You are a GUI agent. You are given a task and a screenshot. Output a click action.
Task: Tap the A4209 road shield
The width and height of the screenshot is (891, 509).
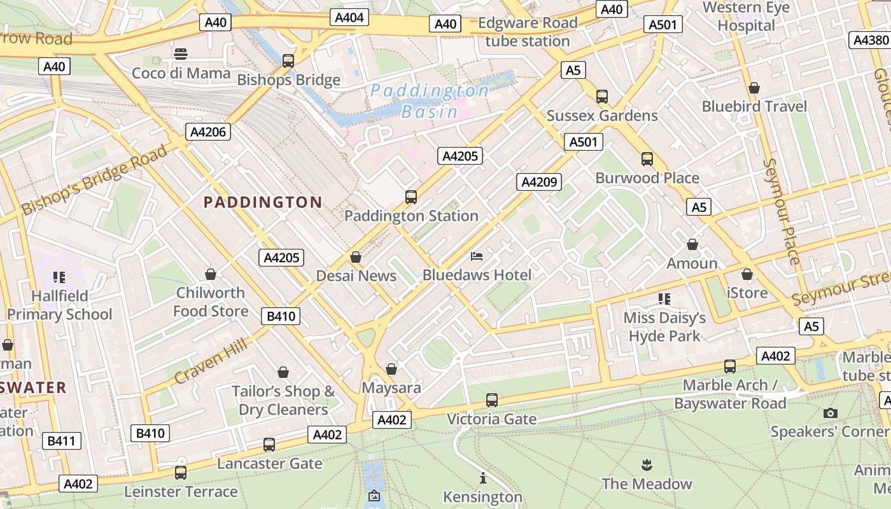pos(538,182)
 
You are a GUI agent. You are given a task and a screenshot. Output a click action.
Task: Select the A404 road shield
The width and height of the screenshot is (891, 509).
pos(349,17)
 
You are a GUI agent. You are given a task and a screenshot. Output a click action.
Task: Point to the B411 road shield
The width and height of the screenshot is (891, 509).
pos(61,440)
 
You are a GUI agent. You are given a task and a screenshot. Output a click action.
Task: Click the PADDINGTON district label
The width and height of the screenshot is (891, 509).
pos(263,202)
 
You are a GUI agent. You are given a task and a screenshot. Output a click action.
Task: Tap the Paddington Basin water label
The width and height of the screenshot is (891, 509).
pos(430,101)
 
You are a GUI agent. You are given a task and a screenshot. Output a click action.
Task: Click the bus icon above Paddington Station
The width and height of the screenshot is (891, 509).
pos(411,197)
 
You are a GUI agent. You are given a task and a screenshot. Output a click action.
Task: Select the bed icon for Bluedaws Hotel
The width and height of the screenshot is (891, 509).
pos(477,256)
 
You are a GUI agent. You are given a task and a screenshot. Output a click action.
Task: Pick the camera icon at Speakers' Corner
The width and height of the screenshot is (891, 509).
pos(829,413)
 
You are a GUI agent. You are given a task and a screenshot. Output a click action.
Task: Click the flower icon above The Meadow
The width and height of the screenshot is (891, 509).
pos(647,464)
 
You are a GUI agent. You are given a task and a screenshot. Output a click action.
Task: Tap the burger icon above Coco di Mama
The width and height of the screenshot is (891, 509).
pos(181,53)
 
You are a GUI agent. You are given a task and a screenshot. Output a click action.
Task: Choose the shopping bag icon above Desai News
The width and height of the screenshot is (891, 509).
pos(356,257)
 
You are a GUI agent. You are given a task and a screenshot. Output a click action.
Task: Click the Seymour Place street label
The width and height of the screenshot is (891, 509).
pos(781,211)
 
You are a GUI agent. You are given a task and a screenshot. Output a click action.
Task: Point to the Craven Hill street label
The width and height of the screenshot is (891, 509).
pos(211,361)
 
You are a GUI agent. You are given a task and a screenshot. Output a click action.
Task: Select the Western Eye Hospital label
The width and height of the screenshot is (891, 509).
pos(746,17)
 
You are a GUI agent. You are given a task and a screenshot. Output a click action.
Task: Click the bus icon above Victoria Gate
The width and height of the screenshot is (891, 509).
pos(491,400)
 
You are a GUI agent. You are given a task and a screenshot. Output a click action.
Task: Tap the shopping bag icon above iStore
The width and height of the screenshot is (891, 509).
pos(747,274)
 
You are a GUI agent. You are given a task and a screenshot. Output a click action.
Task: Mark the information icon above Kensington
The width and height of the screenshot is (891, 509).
pos(482,478)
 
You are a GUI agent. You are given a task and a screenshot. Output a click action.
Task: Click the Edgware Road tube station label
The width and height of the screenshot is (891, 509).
pos(527,32)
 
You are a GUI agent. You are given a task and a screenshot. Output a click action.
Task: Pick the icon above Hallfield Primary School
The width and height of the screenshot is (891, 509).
pos(59,277)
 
